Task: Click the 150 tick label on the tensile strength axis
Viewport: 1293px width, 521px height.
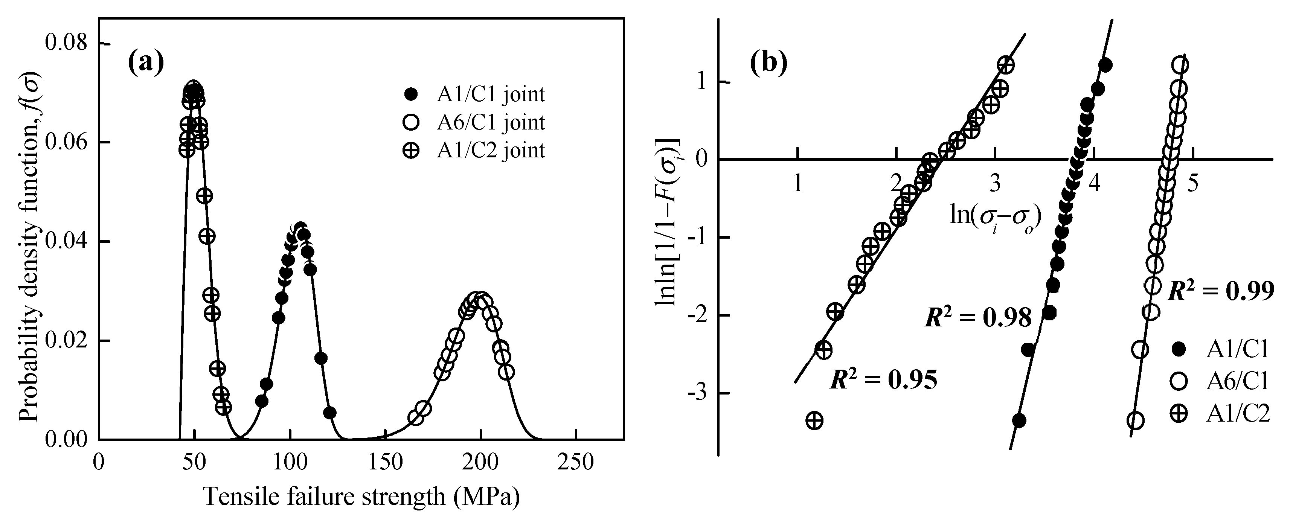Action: tap(385, 462)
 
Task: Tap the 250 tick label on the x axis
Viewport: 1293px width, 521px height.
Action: tap(575, 462)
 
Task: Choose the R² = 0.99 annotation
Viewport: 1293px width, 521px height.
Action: tap(1221, 291)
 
